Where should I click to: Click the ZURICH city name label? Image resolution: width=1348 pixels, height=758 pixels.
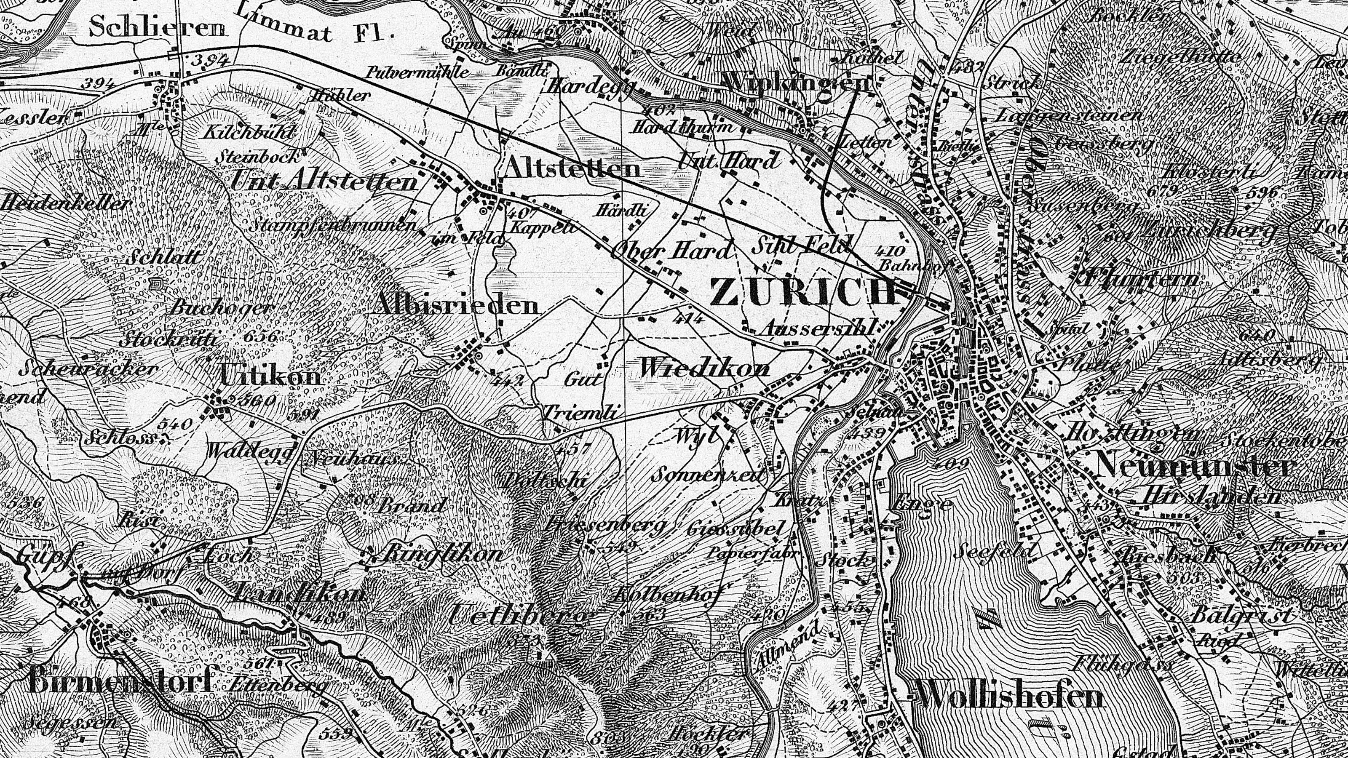[x=803, y=292]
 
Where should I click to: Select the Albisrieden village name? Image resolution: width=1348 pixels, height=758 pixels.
[x=457, y=305]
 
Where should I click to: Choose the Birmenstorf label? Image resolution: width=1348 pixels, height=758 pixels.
[x=120, y=682]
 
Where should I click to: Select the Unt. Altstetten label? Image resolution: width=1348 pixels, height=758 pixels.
[x=324, y=181]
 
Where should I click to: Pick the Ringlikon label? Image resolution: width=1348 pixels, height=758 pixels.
[x=443, y=553]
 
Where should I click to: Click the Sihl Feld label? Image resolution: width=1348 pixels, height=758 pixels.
[x=801, y=245]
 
